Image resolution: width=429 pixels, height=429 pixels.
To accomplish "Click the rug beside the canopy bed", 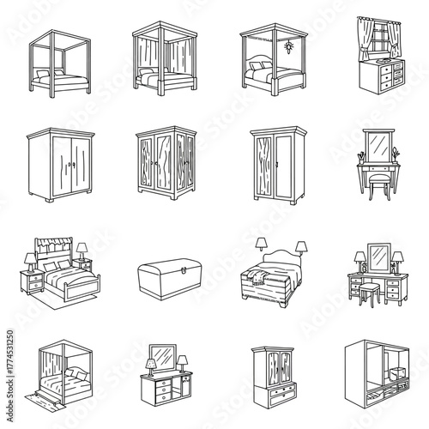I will pyautogui.click(x=35, y=398).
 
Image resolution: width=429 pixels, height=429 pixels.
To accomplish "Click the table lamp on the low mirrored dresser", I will pyautogui.click(x=149, y=366).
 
